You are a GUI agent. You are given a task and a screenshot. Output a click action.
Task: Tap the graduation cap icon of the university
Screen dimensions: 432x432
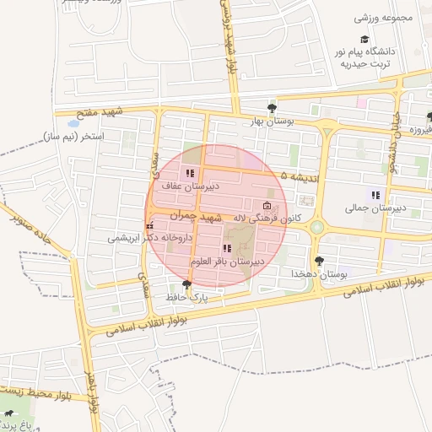point(364,39)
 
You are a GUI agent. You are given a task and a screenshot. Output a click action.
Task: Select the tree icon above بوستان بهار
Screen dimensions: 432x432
point(272,108)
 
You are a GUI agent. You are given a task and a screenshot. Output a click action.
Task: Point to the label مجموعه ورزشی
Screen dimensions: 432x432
point(381,17)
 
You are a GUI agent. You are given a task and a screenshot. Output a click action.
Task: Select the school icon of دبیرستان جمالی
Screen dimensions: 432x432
point(375,195)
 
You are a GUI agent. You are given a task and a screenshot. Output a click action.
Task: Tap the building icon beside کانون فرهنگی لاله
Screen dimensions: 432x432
point(267,207)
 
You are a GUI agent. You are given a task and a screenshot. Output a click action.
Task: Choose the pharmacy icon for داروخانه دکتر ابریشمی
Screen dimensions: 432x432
point(149,226)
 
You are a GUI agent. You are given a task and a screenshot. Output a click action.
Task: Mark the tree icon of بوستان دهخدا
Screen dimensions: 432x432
point(318,262)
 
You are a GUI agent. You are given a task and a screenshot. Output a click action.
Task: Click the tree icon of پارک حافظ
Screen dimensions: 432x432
point(186,284)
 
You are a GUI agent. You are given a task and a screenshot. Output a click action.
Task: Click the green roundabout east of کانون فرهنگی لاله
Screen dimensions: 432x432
point(317,226)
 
